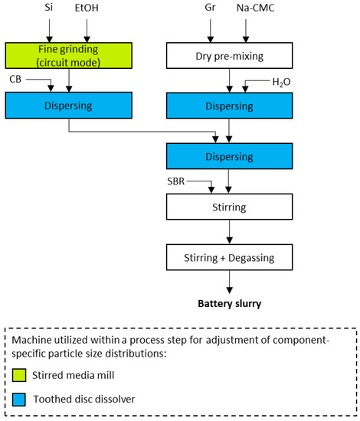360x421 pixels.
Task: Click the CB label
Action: coord(16,78)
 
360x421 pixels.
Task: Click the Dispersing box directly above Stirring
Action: coord(230,156)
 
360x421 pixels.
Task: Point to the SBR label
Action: coord(177,181)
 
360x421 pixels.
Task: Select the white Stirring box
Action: coord(230,206)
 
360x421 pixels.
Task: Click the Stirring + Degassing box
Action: coord(230,256)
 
